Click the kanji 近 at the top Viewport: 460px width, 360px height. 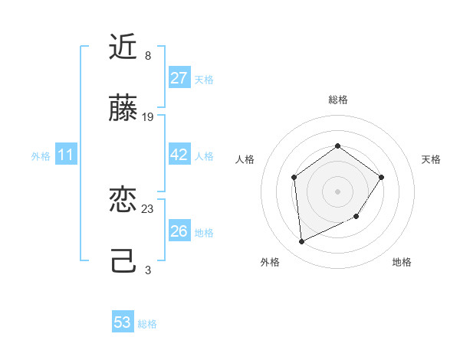[x=123, y=47]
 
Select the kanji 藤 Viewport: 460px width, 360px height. [x=123, y=109]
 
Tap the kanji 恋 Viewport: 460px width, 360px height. [x=123, y=201]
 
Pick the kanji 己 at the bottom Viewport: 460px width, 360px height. [x=123, y=262]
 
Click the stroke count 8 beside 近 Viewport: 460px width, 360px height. [x=148, y=56]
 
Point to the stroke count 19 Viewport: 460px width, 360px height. [x=148, y=117]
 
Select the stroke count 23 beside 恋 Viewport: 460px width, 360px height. [x=148, y=209]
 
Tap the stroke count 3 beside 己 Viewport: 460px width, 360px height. [x=148, y=270]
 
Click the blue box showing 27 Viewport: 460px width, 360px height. [x=179, y=78]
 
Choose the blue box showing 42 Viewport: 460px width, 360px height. [x=179, y=155]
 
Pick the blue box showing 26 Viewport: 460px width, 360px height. [x=179, y=231]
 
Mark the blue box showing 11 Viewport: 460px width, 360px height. [x=66, y=155]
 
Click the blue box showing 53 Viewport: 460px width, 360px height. [x=123, y=322]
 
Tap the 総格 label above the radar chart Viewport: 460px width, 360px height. [x=338, y=100]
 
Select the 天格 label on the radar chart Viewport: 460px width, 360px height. [x=432, y=159]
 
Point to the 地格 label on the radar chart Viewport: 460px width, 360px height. [x=402, y=262]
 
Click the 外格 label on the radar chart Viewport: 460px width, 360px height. [x=270, y=262]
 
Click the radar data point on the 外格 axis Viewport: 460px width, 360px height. [x=302, y=242]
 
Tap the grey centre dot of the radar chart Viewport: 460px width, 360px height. [x=338, y=191]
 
